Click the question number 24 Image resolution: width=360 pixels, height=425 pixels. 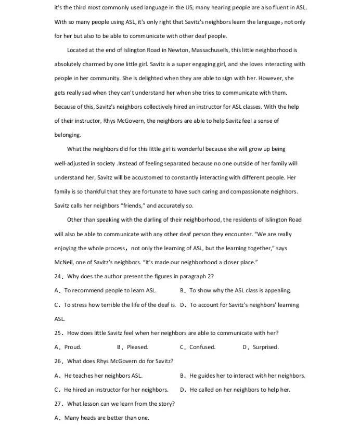point(58,276)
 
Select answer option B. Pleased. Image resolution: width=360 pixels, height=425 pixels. point(133,347)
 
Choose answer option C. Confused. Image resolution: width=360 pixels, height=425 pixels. point(198,347)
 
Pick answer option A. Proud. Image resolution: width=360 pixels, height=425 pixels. point(68,347)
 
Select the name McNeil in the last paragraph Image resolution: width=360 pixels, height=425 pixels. point(65,262)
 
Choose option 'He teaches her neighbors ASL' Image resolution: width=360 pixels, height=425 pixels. point(99,375)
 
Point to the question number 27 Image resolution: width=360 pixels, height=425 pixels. point(58,404)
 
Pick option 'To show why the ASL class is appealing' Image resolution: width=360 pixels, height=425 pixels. point(236,290)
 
